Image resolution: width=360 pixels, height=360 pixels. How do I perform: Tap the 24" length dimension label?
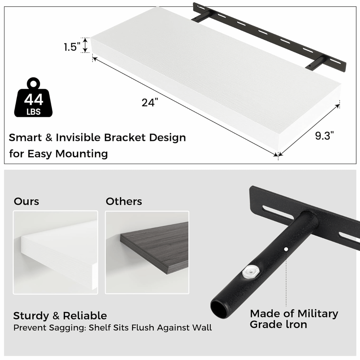coord(150,102)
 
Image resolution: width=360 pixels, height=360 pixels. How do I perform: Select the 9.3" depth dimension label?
coord(324,136)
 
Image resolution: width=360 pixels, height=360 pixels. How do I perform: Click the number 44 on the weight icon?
coord(34,100)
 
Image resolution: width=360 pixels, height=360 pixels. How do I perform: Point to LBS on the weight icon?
coord(34,112)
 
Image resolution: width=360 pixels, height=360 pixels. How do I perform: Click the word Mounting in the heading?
coord(82,154)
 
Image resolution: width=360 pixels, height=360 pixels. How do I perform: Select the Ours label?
coord(26,202)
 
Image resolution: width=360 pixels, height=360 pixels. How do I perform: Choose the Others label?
coord(124,202)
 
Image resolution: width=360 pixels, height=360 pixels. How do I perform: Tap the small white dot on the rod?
coord(286,249)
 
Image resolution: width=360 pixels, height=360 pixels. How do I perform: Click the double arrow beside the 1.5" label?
coord(85,45)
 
